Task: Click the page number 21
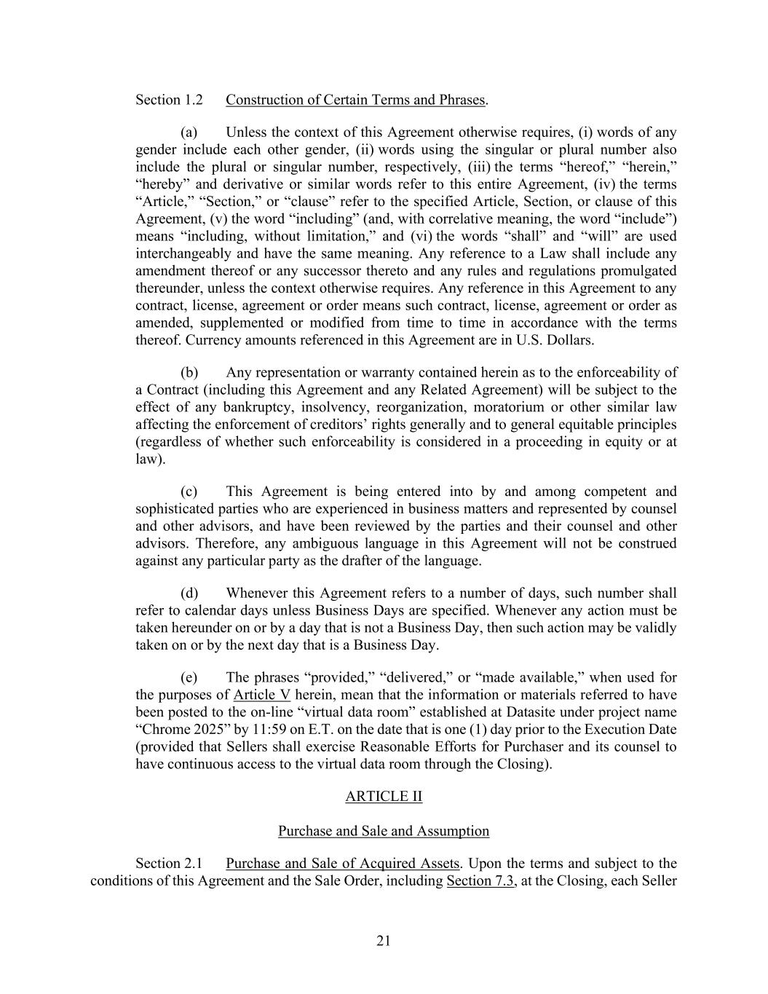384,941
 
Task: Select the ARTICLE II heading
384,796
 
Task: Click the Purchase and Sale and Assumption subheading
384,831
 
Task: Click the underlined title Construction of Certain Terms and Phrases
355,100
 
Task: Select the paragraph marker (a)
189,133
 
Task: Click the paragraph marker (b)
189,373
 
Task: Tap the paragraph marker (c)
189,492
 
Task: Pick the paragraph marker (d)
189,593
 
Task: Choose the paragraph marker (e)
189,678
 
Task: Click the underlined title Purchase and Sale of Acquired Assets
342,864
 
